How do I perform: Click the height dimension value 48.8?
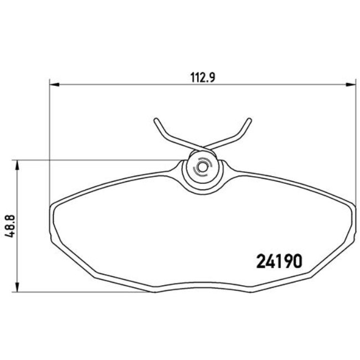coord(8,227)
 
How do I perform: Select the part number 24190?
coord(279,261)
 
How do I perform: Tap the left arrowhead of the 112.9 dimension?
coord(54,85)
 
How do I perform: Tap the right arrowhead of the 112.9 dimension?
coord(351,85)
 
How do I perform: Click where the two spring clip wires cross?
coord(202,148)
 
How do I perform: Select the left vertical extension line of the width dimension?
coord(50,144)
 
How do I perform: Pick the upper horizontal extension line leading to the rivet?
coord(100,161)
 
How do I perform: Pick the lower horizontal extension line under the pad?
coord(83,292)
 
